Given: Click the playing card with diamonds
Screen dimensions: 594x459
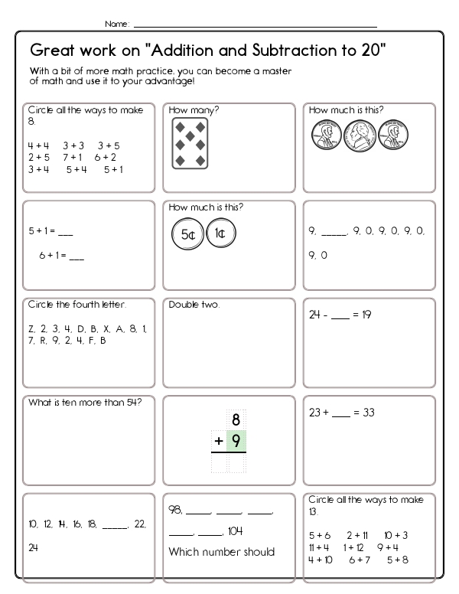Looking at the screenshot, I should (188, 142).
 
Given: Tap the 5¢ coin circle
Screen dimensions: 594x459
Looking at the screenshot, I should (187, 234).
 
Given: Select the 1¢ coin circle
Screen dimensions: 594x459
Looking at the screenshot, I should (220, 234).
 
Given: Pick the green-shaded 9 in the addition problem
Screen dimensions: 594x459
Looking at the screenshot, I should (236, 442).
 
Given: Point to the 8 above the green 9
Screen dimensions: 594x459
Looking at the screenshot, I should (236, 419).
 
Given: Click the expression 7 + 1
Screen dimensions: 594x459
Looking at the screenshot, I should (72, 157).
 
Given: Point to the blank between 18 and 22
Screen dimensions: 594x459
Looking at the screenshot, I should (114, 525).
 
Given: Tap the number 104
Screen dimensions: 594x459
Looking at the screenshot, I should (236, 530).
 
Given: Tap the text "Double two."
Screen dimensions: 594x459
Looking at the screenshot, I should (194, 305).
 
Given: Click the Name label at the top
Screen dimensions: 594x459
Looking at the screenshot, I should (116, 24).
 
